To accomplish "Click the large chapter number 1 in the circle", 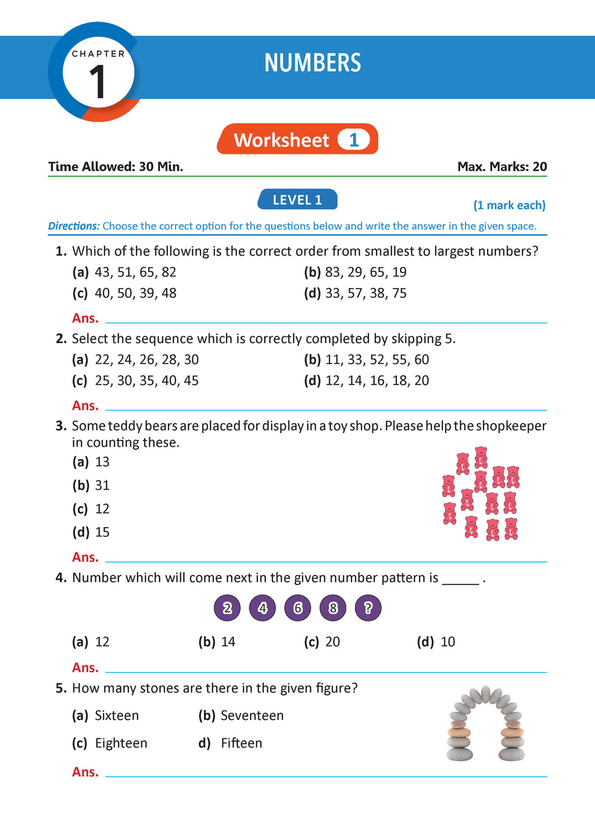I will pyautogui.click(x=97, y=81).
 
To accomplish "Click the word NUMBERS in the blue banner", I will pyautogui.click(x=313, y=63).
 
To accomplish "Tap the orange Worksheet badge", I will pyautogui.click(x=297, y=139).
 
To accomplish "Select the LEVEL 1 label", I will pyautogui.click(x=297, y=200).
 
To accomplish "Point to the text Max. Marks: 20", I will pyautogui.click(x=502, y=167).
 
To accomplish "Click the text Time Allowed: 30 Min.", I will pyautogui.click(x=116, y=167).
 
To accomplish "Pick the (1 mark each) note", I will pyautogui.click(x=509, y=205).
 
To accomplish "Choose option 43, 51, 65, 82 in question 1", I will pyautogui.click(x=135, y=272).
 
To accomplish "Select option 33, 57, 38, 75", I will pyautogui.click(x=365, y=293).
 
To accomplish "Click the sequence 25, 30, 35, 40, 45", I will pyautogui.click(x=146, y=381).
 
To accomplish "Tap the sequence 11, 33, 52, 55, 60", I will pyautogui.click(x=377, y=360).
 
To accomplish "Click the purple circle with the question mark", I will pyautogui.click(x=368, y=608).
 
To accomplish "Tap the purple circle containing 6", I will pyautogui.click(x=297, y=608).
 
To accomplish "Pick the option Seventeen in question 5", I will pyautogui.click(x=252, y=716).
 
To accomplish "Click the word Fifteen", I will pyautogui.click(x=241, y=743).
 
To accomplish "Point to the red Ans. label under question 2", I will pyautogui.click(x=85, y=405).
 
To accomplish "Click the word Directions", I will pyautogui.click(x=74, y=226).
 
